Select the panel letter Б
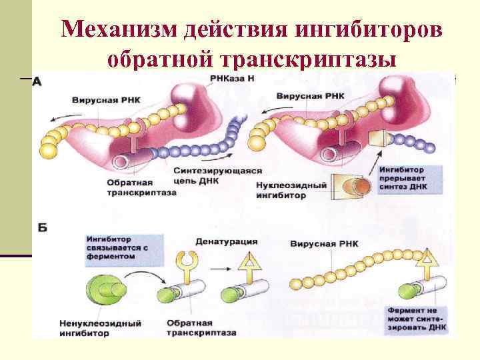[x=42, y=228]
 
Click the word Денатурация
[x=227, y=241]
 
